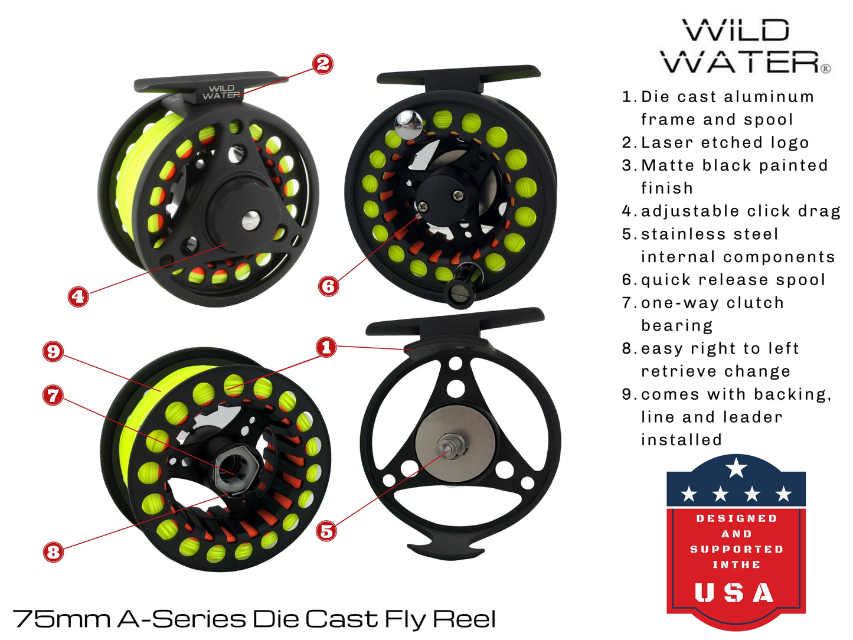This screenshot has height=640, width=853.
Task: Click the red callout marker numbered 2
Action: pos(323,64)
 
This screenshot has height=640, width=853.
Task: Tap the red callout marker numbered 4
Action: pos(78,296)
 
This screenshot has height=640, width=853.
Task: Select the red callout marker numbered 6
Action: pos(328,286)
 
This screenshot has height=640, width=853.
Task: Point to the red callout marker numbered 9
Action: pos(53,352)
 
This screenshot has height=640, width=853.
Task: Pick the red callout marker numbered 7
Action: pos(53,395)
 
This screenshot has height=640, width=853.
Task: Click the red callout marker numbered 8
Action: pos(53,552)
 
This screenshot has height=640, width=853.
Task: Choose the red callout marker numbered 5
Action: pos(326,531)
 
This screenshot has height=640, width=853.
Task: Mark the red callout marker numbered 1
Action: pos(326,347)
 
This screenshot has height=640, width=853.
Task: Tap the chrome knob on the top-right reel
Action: pos(408,121)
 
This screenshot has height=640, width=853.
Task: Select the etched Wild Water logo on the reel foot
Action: pos(221,92)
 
